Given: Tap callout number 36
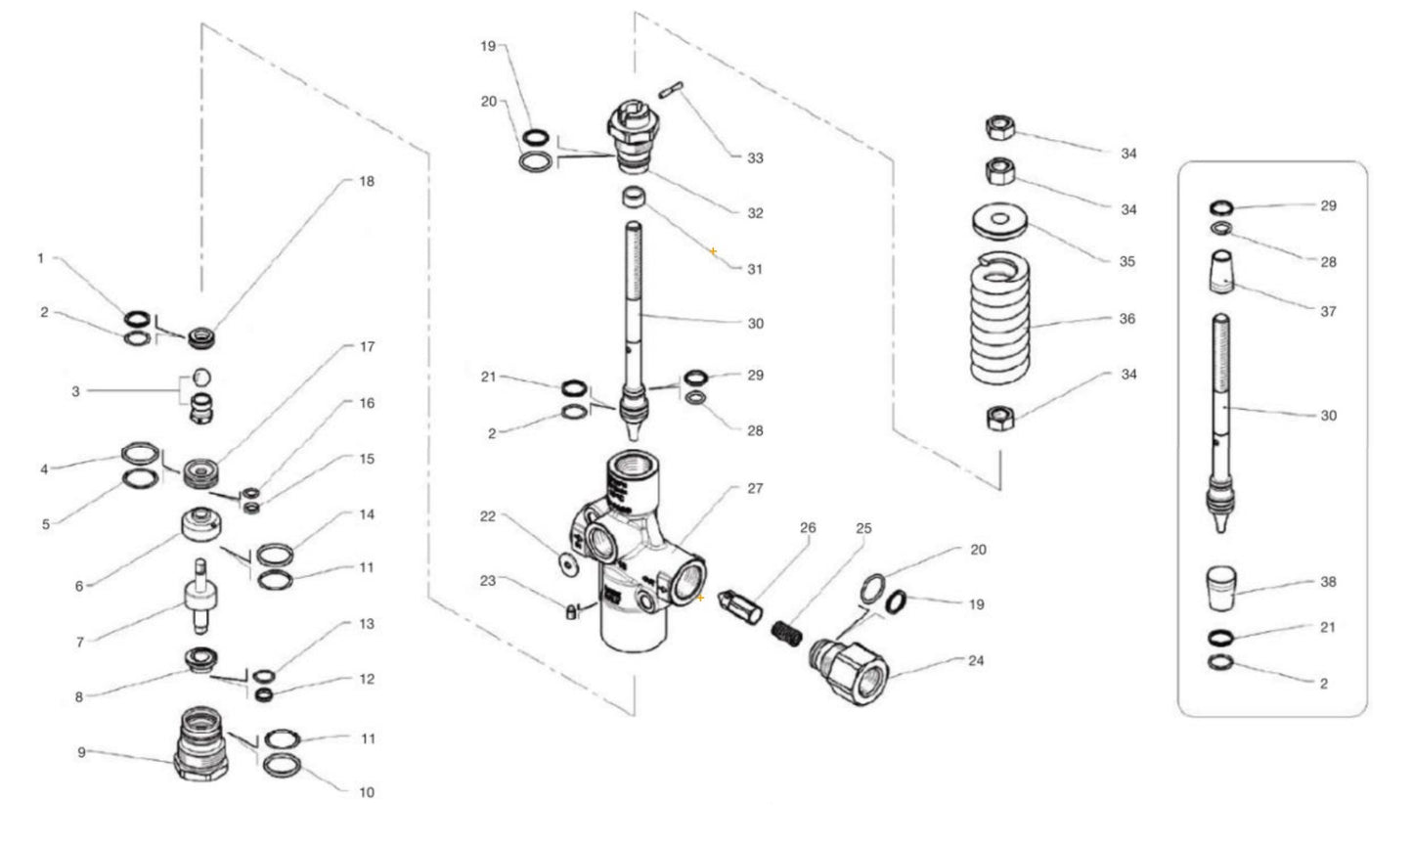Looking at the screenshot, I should [x=1126, y=319].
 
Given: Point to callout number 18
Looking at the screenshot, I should [x=367, y=181].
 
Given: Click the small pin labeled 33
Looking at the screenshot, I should [x=671, y=90].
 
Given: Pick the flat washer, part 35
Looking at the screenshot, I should [x=999, y=220].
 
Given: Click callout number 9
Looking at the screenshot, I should [x=81, y=752].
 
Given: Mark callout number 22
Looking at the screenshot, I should [x=488, y=516].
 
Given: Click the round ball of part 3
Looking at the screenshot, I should [x=200, y=377].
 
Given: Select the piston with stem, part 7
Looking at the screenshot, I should [x=199, y=597].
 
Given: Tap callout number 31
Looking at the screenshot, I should [x=754, y=269].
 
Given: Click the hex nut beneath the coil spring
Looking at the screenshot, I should [x=999, y=419].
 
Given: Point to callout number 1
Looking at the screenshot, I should [x=40, y=258].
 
